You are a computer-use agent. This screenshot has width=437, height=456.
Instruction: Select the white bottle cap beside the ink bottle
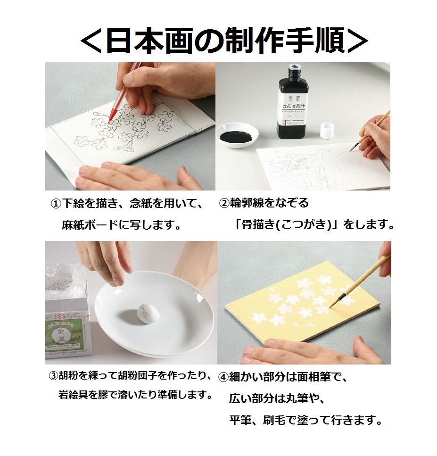328,131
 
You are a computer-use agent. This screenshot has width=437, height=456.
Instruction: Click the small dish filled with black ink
238,137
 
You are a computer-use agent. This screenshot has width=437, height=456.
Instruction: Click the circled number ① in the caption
56,204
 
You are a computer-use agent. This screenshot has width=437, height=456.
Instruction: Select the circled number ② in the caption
224,204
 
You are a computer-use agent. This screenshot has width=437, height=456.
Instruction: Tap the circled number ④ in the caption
223,377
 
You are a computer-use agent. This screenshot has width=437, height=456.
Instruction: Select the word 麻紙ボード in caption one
90,224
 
